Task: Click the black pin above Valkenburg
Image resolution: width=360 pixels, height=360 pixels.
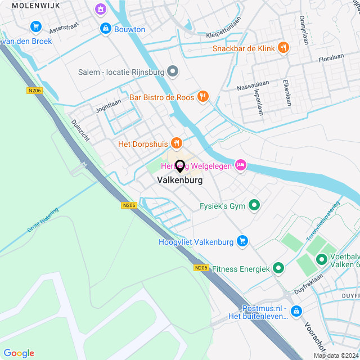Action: [180, 166]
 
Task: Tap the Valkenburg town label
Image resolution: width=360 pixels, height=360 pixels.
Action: [180, 181]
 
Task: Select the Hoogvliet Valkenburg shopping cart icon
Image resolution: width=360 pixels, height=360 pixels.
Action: [243, 241]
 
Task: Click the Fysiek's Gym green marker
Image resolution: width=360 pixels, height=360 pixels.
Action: [254, 206]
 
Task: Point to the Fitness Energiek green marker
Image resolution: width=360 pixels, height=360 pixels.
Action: [278, 269]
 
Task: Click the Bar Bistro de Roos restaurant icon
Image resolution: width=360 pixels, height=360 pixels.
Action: [204, 97]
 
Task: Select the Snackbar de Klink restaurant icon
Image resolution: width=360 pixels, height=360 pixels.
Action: [283, 48]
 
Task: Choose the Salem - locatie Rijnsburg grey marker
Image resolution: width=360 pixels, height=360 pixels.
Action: [173, 72]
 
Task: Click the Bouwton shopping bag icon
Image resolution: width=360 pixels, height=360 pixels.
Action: [105, 29]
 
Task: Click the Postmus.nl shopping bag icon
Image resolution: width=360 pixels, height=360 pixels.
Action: [296, 311]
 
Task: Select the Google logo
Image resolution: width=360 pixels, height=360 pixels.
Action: [19, 353]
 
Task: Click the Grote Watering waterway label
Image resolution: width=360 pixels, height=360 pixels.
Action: [43, 219]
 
